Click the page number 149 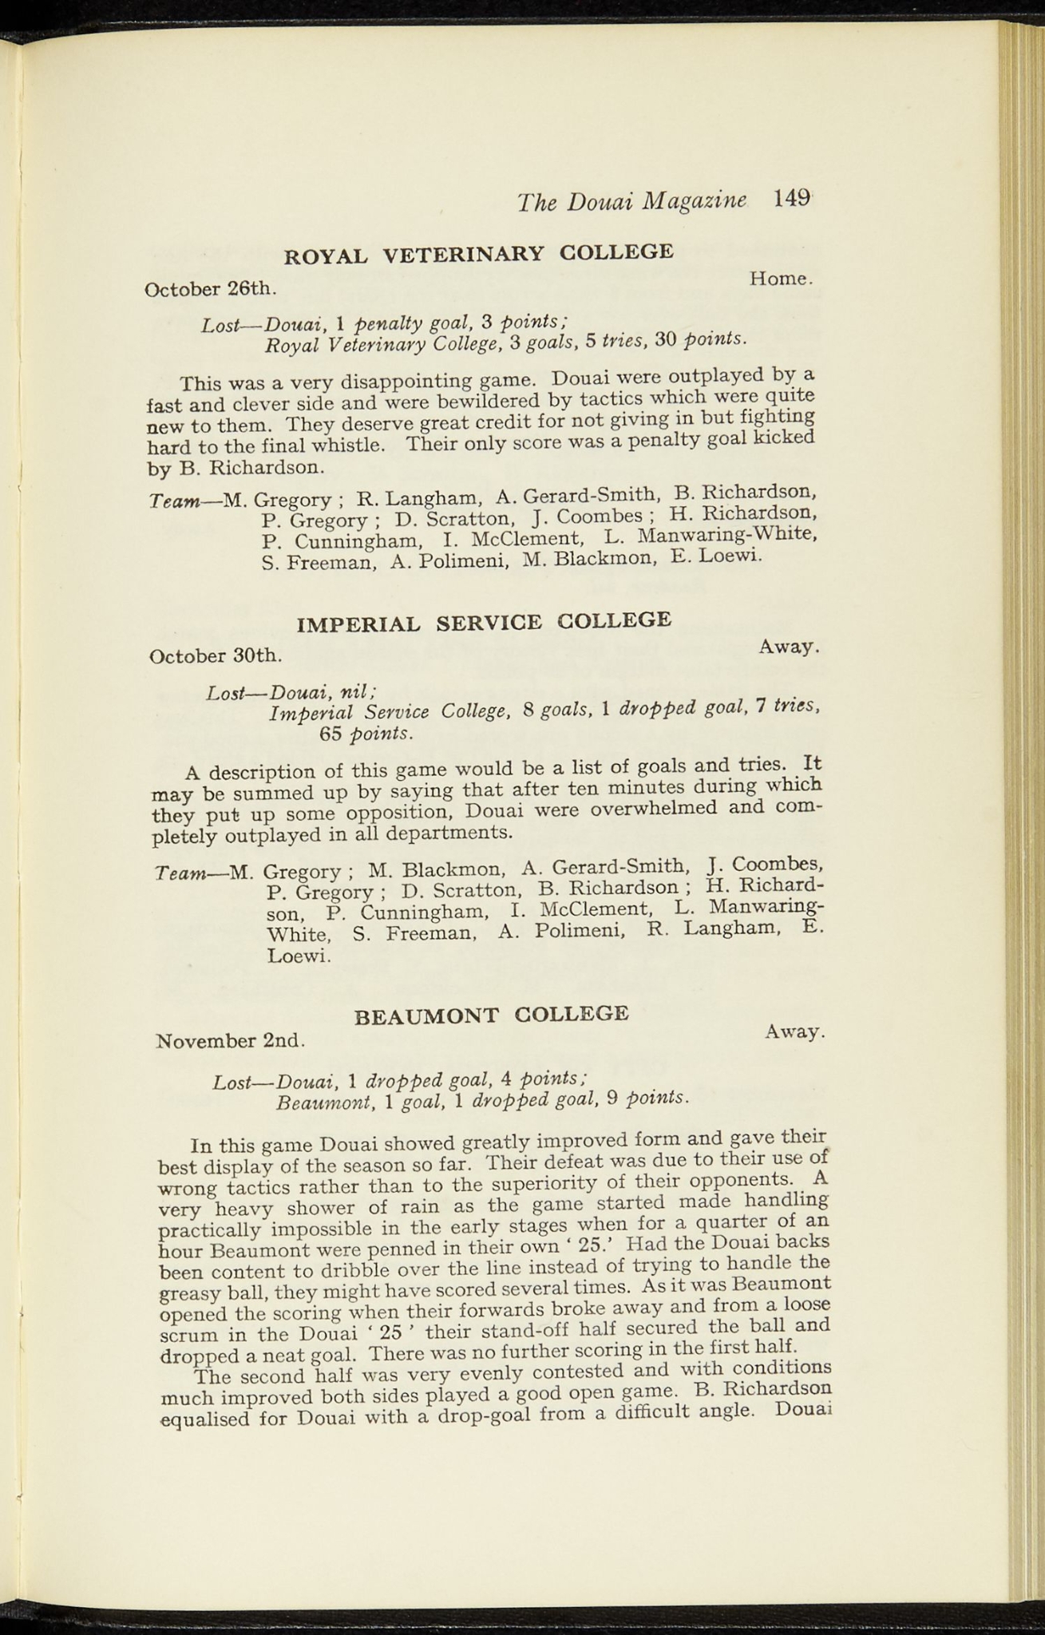pyautogui.click(x=792, y=199)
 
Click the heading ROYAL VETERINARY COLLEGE pyautogui.click(x=479, y=254)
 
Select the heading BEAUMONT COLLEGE pyautogui.click(x=492, y=1015)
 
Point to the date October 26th pyautogui.click(x=210, y=289)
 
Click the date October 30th pyautogui.click(x=216, y=656)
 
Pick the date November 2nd pyautogui.click(x=231, y=1041)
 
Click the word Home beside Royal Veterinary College pyautogui.click(x=780, y=279)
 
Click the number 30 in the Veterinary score pyautogui.click(x=665, y=340)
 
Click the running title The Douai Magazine pyautogui.click(x=631, y=201)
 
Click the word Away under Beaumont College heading pyautogui.click(x=794, y=1031)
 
